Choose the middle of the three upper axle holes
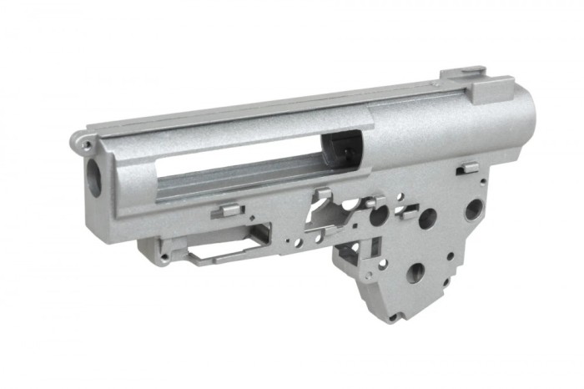(427, 219)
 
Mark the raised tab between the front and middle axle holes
(406, 211)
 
